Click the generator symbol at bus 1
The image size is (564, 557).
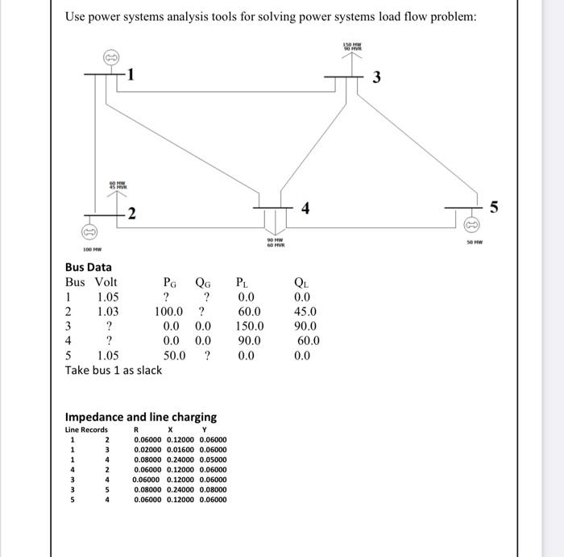[110, 57]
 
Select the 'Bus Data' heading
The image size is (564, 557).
[89, 267]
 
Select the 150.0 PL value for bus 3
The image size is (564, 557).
[251, 326]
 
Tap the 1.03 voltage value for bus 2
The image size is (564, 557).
[107, 311]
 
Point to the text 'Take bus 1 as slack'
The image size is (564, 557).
[114, 370]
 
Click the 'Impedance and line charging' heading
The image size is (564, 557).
[140, 417]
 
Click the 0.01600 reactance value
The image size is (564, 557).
[181, 450]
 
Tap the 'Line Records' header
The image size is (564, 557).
[86, 430]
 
